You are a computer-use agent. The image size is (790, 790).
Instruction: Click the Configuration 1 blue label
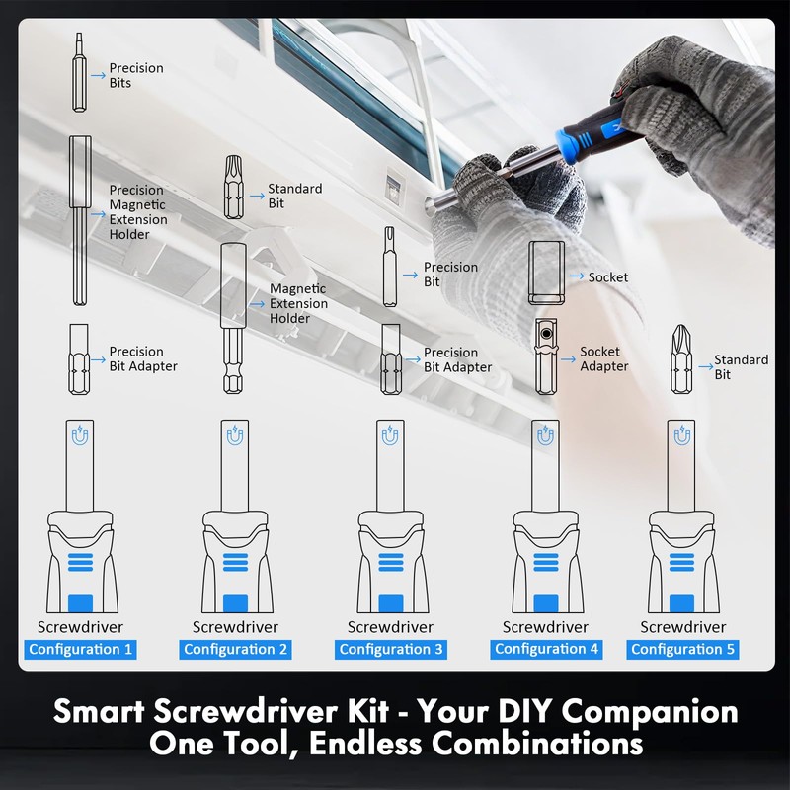tap(81, 649)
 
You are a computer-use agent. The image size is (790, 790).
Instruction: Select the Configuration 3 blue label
tap(391, 649)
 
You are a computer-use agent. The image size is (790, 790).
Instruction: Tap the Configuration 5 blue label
tap(683, 649)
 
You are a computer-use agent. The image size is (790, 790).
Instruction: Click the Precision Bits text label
tap(135, 75)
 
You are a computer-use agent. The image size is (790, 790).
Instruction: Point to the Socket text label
tap(607, 277)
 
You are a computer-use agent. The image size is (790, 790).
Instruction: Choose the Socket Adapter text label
tap(603, 358)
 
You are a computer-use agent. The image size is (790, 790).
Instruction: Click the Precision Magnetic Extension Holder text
tap(137, 211)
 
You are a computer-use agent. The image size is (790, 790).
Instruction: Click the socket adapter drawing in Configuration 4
tap(545, 355)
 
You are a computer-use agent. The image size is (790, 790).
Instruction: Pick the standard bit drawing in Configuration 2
tap(234, 188)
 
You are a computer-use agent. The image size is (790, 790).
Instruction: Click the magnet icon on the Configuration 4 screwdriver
tap(545, 434)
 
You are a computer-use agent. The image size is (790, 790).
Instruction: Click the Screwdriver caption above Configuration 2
tap(235, 627)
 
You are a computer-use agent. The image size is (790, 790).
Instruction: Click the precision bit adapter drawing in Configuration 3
tap(391, 359)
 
